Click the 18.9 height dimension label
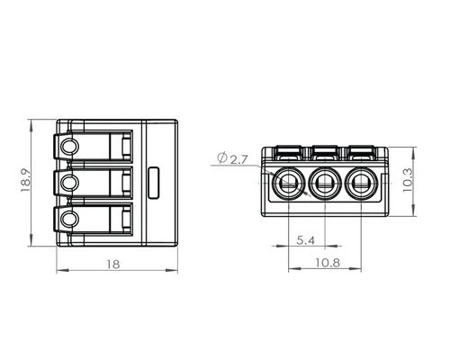26,181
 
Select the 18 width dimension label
113,265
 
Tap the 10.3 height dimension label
408,180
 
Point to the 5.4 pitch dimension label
305,240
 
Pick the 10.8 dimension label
328,263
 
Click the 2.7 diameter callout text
239,159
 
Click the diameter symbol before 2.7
222,157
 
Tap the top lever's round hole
70,147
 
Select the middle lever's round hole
70,183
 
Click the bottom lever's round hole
70,219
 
